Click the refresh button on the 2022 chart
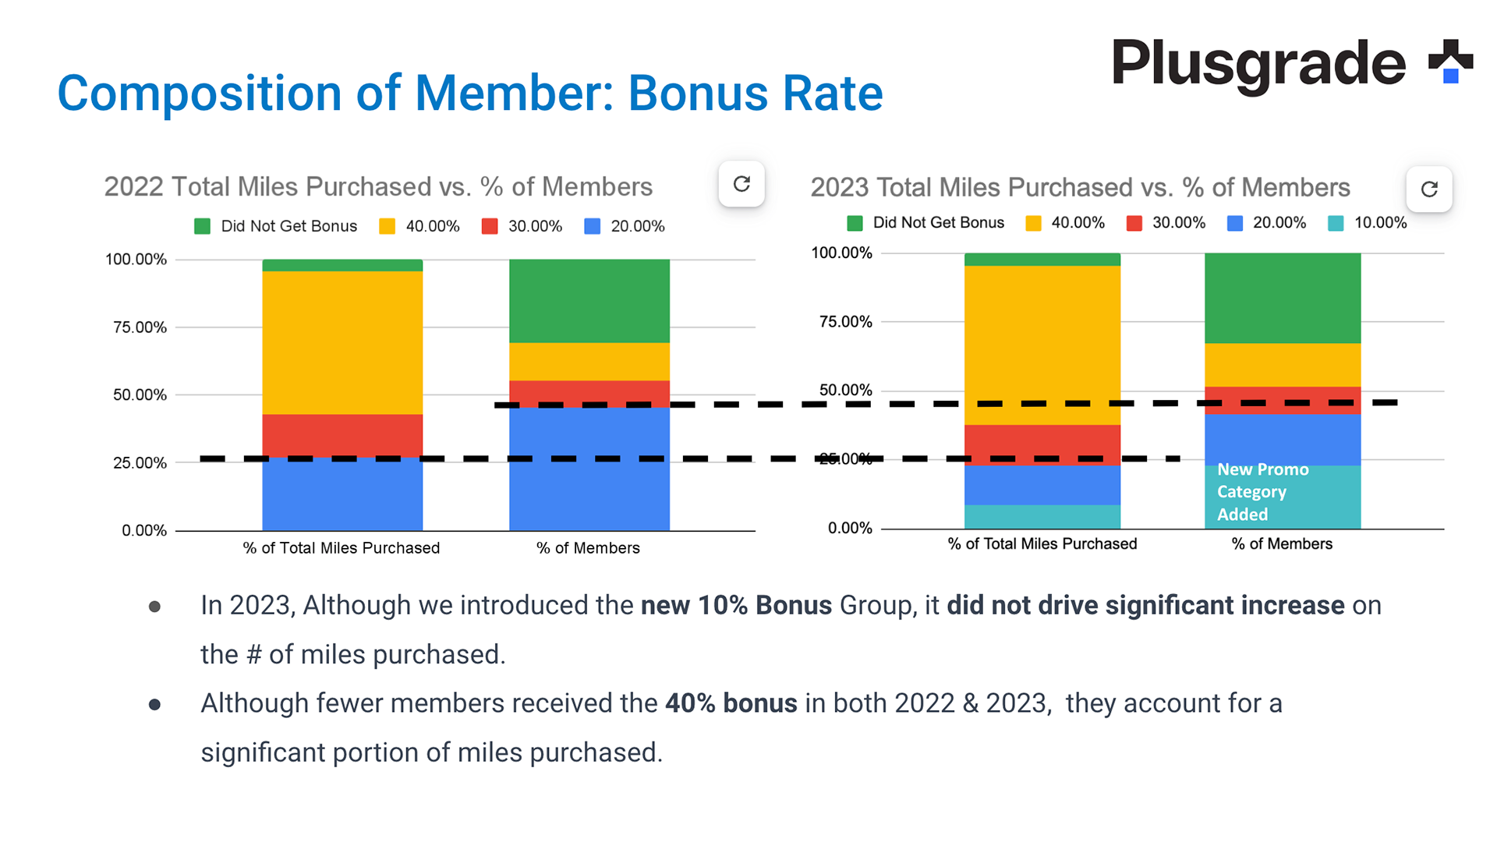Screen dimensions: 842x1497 [x=741, y=184]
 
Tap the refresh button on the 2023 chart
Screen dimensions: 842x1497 [x=1428, y=189]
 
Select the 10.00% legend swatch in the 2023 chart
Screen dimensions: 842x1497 [x=1336, y=224]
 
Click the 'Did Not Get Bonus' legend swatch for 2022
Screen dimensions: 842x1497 [x=203, y=227]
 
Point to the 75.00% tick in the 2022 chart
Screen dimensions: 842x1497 [x=140, y=327]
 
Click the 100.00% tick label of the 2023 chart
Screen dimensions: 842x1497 [x=841, y=253]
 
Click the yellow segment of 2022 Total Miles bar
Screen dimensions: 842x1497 [x=342, y=342]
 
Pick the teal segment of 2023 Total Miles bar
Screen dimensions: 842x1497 [x=1042, y=516]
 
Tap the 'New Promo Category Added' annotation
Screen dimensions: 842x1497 [x=1262, y=492]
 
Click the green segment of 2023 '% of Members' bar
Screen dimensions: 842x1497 [x=1282, y=298]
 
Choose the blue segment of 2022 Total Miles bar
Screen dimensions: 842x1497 [x=342, y=494]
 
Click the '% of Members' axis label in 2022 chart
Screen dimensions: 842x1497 [x=588, y=548]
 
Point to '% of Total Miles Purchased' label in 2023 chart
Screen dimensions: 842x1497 [x=1042, y=544]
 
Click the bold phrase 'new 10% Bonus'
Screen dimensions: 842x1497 [x=736, y=606]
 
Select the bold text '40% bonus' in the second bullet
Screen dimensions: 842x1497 [x=731, y=704]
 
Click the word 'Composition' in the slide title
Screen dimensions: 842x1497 [x=200, y=94]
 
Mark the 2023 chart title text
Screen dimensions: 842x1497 [x=1080, y=188]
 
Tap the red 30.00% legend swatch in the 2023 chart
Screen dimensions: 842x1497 [x=1134, y=224]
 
